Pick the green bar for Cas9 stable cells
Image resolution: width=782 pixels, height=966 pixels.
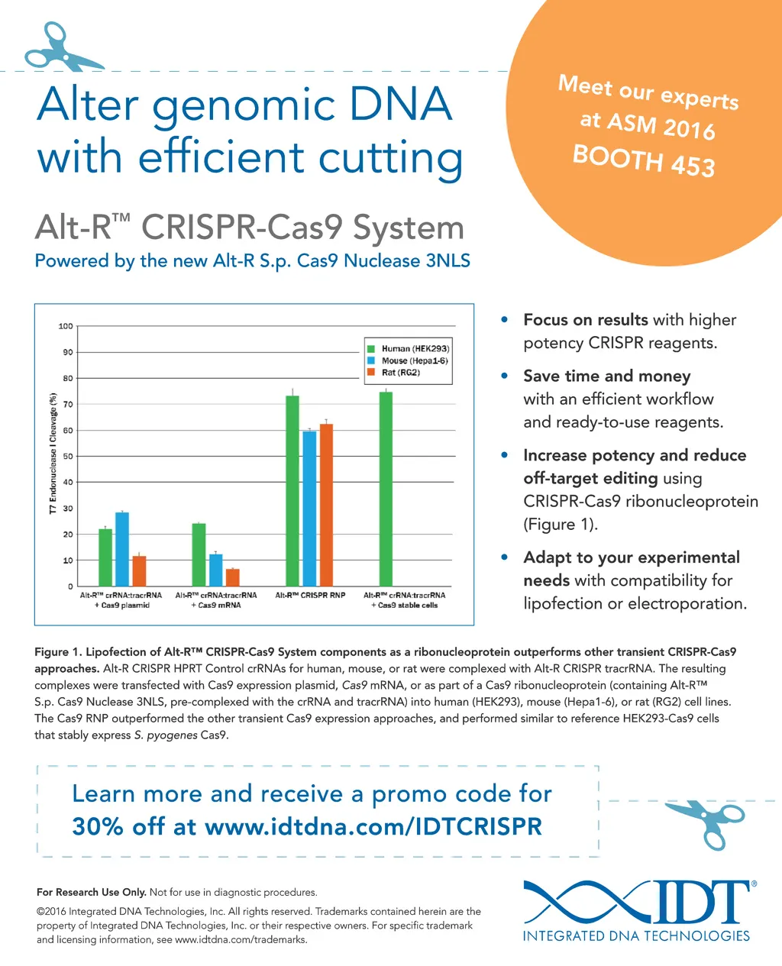(386, 489)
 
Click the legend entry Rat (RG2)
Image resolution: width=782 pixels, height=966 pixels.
(401, 373)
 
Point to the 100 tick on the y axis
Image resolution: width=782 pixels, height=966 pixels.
(66, 326)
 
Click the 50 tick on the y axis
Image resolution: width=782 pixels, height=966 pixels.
(68, 457)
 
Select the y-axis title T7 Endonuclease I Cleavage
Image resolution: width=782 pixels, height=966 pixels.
(53, 454)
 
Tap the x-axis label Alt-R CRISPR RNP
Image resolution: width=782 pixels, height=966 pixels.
(310, 595)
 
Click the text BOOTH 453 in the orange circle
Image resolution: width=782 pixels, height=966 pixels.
(644, 160)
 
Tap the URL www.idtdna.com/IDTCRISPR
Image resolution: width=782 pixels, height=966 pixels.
(373, 826)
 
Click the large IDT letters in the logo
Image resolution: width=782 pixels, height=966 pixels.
(691, 902)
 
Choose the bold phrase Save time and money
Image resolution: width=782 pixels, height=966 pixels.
(606, 376)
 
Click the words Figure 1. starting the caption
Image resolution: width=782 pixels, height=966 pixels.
(58, 652)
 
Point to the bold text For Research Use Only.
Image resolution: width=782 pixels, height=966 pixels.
(91, 892)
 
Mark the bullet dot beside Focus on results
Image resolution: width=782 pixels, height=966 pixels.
(505, 319)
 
